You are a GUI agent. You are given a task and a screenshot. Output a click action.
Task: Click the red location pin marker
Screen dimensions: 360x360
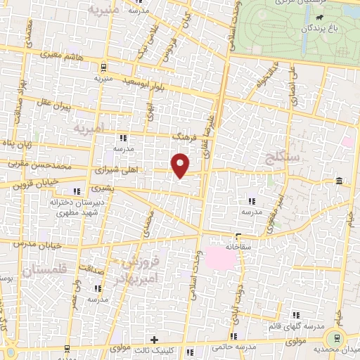pos(181,165)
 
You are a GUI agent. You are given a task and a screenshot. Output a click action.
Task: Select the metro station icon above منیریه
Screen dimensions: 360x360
pos(103,68)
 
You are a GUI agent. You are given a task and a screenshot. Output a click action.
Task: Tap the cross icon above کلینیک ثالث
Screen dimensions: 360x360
pos(154,340)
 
